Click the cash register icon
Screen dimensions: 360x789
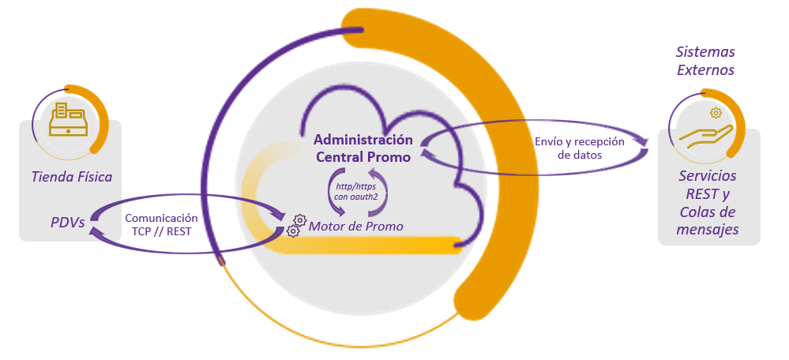(x=68, y=120)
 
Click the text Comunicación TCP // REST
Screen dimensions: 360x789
(x=162, y=224)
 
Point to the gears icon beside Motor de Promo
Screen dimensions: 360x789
(x=295, y=225)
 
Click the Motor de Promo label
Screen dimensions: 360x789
(x=355, y=227)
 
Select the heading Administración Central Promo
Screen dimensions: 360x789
(x=363, y=148)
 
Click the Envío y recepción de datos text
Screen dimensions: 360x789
(x=580, y=148)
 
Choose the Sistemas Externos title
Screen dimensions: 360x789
(x=705, y=61)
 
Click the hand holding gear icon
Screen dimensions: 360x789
(x=705, y=133)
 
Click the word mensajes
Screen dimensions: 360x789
(x=708, y=230)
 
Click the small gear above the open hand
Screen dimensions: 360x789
(x=716, y=113)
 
